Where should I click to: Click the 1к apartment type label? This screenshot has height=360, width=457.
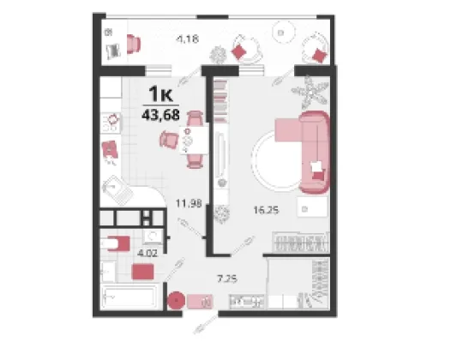160,93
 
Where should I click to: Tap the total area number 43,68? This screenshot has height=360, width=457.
160,115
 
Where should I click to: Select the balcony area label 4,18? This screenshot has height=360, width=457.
188,39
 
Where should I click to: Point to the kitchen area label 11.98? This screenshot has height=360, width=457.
189,203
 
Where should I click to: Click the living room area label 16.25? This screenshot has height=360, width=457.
266,210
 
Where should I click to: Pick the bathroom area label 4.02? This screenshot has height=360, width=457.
147,253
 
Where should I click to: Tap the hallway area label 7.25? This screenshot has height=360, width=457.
227,279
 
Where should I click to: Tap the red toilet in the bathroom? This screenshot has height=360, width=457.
118,243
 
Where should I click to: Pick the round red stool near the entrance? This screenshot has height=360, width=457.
177,300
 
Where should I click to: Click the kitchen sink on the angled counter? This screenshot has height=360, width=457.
117,190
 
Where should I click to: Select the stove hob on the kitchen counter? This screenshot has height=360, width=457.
111,123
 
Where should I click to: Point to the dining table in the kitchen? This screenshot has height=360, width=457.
194,140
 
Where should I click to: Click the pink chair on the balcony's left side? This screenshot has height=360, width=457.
134,45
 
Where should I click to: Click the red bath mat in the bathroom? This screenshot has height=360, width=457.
142,272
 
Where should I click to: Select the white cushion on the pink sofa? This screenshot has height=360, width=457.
316,167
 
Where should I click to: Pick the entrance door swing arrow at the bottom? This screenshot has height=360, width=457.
206,324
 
